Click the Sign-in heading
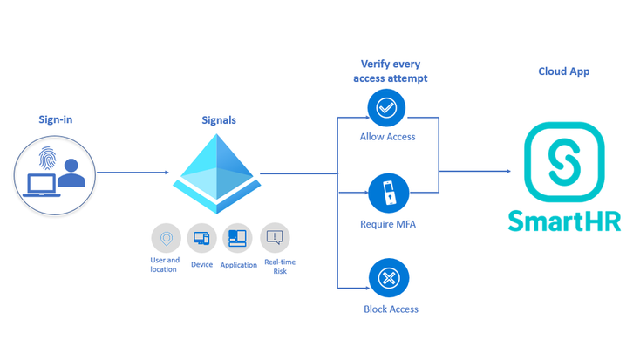pos(56,119)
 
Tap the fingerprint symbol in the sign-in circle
pos(51,160)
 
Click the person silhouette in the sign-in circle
pos(71,173)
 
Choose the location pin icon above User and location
pos(166,237)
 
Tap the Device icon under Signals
pos(202,237)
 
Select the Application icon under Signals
pos(237,237)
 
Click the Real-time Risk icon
pos(275,237)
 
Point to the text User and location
pos(164,264)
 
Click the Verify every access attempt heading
pos(394,71)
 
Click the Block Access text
pos(391,309)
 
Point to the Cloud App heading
pos(563,71)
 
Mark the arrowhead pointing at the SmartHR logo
pos(507,172)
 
